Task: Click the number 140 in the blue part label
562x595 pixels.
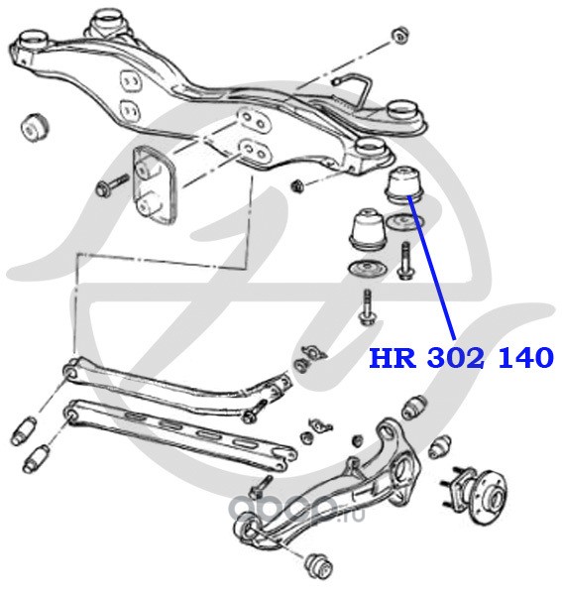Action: point(525,358)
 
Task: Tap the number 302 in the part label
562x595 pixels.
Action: point(456,358)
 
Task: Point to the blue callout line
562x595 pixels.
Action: point(431,267)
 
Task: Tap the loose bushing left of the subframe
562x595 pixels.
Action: point(34,127)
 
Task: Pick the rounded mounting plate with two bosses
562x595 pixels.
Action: point(154,184)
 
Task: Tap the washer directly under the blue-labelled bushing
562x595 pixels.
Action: point(404,221)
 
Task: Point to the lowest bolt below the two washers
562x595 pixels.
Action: point(367,308)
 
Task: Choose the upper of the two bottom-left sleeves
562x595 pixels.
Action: point(24,430)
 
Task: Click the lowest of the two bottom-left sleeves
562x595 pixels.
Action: point(36,458)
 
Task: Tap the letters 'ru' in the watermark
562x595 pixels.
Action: point(357,516)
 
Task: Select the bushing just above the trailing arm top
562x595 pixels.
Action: point(413,408)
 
